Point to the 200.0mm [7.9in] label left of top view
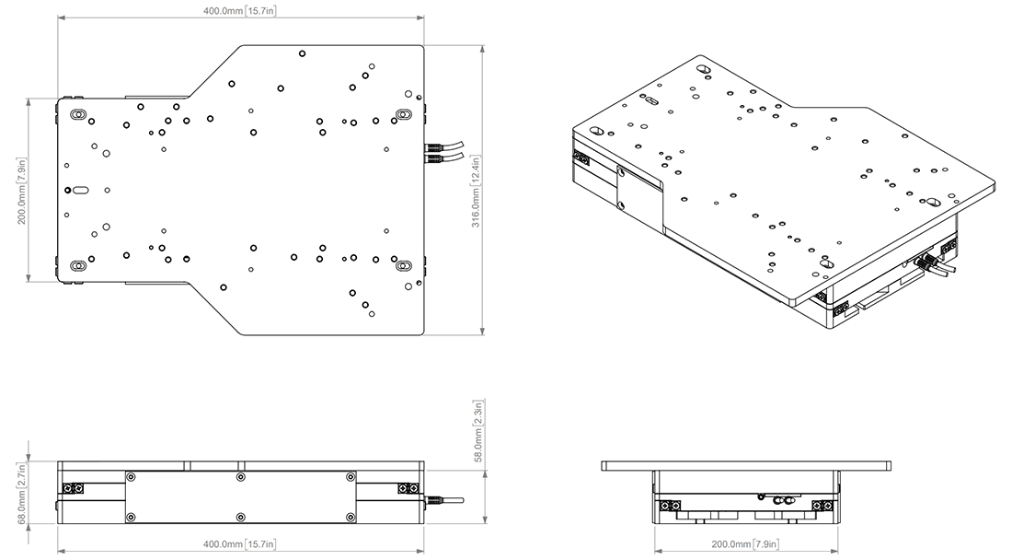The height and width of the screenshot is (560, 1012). tap(20, 190)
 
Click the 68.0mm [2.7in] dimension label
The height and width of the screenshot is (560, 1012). tap(21, 494)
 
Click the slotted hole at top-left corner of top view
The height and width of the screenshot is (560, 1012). tap(78, 114)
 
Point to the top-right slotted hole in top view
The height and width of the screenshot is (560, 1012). tap(404, 114)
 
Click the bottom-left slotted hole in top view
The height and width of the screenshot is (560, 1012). tap(78, 267)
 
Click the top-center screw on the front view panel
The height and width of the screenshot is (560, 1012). tap(240, 477)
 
